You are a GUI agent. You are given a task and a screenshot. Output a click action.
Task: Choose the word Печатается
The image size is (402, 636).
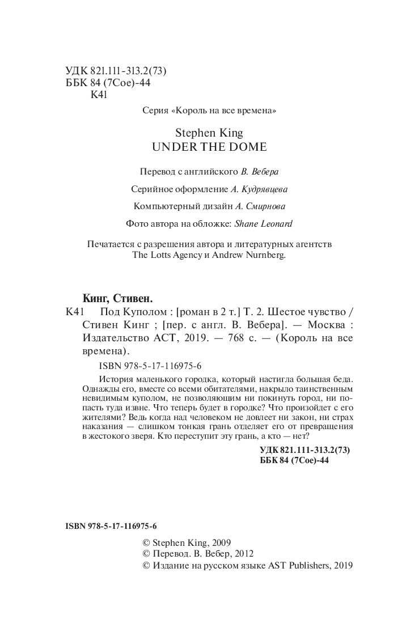106,244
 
